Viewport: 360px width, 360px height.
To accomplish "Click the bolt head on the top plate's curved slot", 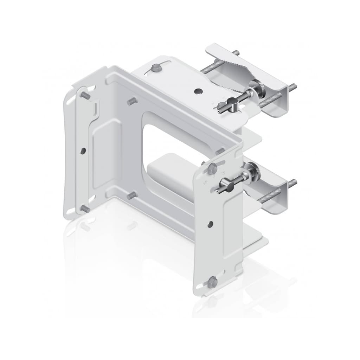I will click(155, 68).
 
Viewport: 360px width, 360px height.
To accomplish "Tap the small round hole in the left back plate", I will click(83, 150).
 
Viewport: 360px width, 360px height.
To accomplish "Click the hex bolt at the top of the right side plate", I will click(212, 168).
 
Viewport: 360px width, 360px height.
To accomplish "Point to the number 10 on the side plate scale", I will click(205, 183).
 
